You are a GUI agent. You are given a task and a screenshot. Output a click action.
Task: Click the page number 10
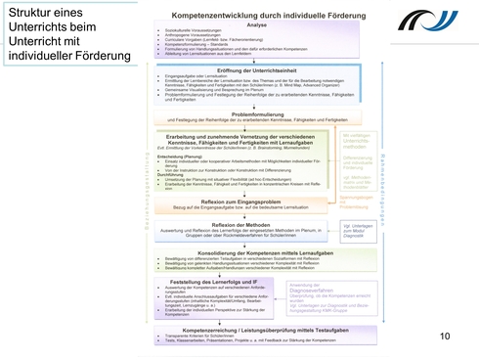(x=446, y=309)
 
